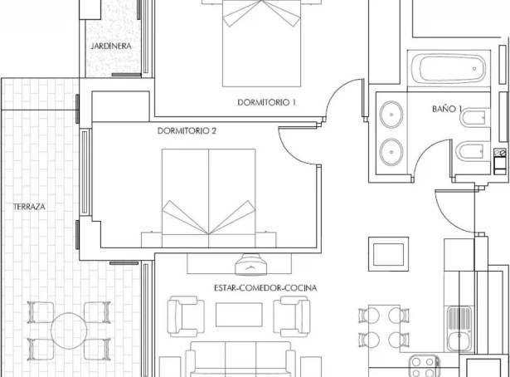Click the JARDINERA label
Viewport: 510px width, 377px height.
point(111,46)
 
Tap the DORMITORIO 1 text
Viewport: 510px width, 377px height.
point(267,102)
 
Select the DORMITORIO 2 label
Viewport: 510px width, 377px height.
point(187,130)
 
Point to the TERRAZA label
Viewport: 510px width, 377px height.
point(29,207)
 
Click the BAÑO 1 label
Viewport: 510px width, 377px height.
point(447,109)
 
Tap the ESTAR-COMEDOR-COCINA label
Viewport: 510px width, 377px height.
point(265,288)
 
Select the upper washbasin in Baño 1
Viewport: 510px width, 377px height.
point(391,115)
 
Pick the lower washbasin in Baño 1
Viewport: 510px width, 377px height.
point(391,152)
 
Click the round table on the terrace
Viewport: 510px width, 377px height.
point(69,330)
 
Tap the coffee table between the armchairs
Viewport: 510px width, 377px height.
point(239,315)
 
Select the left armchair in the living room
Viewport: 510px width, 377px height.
point(186,316)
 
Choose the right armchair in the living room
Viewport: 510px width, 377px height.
point(292,316)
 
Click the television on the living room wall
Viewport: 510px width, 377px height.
point(250,265)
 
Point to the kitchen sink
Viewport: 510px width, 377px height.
point(459,329)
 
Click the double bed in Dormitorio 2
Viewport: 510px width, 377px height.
point(208,198)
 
